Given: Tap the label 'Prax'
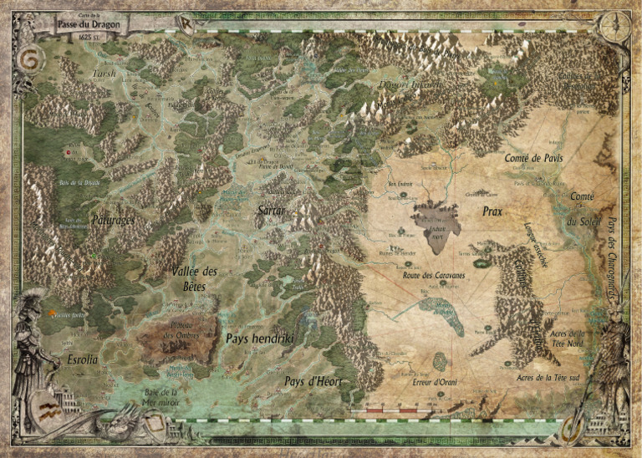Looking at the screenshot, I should click(492, 212).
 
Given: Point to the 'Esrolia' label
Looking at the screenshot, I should click(82, 359).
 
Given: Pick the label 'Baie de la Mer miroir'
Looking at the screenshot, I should click(162, 395).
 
